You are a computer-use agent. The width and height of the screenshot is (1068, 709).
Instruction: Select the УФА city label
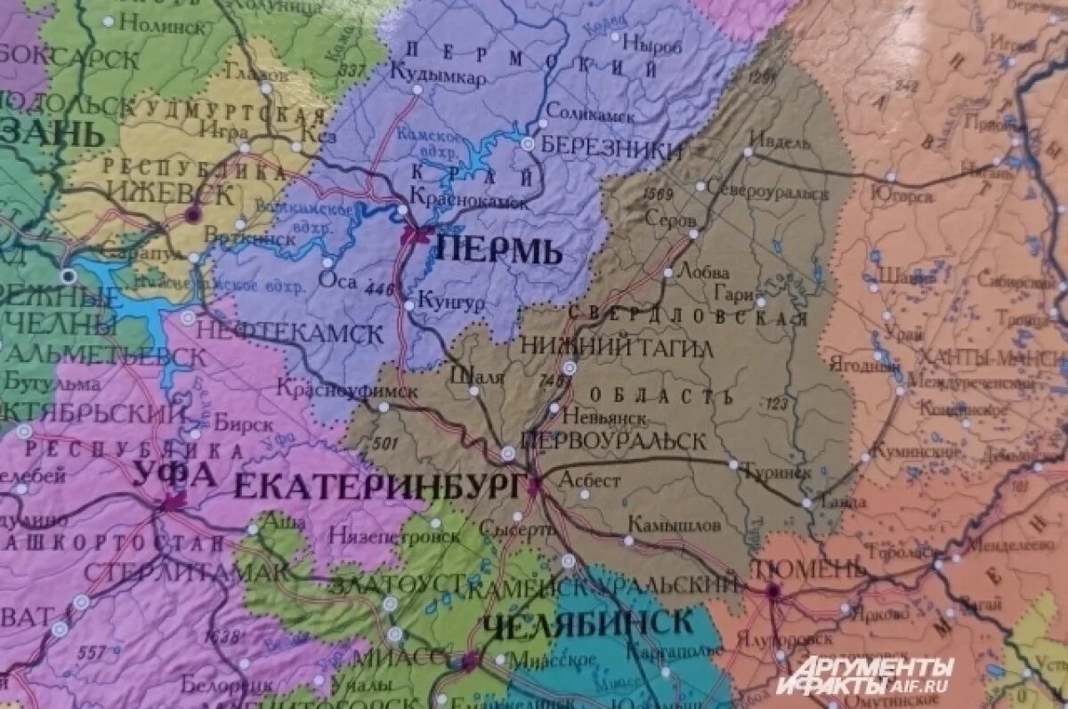(174, 475)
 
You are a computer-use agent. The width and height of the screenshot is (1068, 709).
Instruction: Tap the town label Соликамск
(590, 114)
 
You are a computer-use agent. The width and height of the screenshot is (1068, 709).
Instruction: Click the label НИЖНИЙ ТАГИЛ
(616, 347)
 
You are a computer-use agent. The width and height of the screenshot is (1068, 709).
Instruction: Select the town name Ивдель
(780, 141)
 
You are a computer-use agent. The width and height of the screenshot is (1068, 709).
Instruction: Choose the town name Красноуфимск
(346, 390)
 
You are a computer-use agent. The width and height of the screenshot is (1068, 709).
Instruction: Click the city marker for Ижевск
(192, 214)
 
